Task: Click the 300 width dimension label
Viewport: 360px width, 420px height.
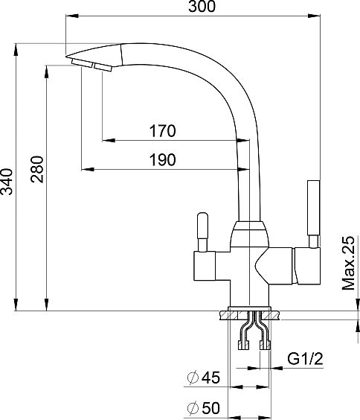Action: [202, 7]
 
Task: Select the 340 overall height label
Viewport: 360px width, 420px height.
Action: [7, 182]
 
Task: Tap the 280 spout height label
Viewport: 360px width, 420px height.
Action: [36, 169]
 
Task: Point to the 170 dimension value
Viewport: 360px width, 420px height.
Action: [162, 131]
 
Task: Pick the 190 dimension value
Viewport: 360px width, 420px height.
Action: [163, 159]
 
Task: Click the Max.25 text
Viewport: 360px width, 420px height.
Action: [349, 263]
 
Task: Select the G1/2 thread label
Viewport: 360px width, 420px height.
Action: [305, 359]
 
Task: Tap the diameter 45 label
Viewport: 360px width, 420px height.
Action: [204, 378]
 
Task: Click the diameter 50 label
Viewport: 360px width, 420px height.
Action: [204, 408]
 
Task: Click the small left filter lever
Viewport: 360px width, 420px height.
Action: [202, 232]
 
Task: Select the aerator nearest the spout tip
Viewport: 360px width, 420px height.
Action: [82, 63]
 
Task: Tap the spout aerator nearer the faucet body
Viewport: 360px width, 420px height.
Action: [103, 68]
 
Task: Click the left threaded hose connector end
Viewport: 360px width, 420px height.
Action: [243, 345]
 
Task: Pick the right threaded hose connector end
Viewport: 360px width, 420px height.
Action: [265, 345]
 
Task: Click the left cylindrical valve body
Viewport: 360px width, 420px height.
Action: [205, 266]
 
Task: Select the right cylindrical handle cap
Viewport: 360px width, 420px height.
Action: [308, 266]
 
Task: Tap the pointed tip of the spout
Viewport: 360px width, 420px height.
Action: [66, 57]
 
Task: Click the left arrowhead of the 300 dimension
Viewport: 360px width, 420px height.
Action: [72, 16]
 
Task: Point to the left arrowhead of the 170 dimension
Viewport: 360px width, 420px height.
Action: [109, 140]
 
